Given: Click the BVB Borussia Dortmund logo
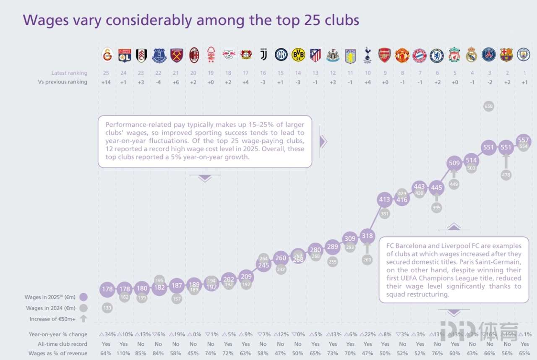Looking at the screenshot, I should (x=298, y=55).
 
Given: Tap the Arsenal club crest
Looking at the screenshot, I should (x=385, y=55).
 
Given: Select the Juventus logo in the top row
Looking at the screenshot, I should (x=263, y=55).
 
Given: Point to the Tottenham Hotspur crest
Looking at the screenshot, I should (x=368, y=55).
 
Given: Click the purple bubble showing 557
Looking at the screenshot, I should (x=524, y=141).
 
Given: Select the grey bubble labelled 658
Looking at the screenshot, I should (x=489, y=107).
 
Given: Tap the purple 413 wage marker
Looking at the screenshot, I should (x=385, y=200).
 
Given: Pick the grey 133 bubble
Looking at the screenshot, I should (x=107, y=308).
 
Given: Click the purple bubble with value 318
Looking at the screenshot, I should (x=368, y=236).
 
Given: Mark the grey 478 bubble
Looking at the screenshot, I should (x=506, y=175).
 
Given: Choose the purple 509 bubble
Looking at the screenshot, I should (x=454, y=163).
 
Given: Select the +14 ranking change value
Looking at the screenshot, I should (x=106, y=82).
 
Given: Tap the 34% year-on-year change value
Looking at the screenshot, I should (x=108, y=334).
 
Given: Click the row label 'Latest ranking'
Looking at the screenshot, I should (x=69, y=73).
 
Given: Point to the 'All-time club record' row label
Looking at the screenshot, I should (x=58, y=344).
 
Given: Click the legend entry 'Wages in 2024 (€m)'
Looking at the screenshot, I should (x=51, y=308).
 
